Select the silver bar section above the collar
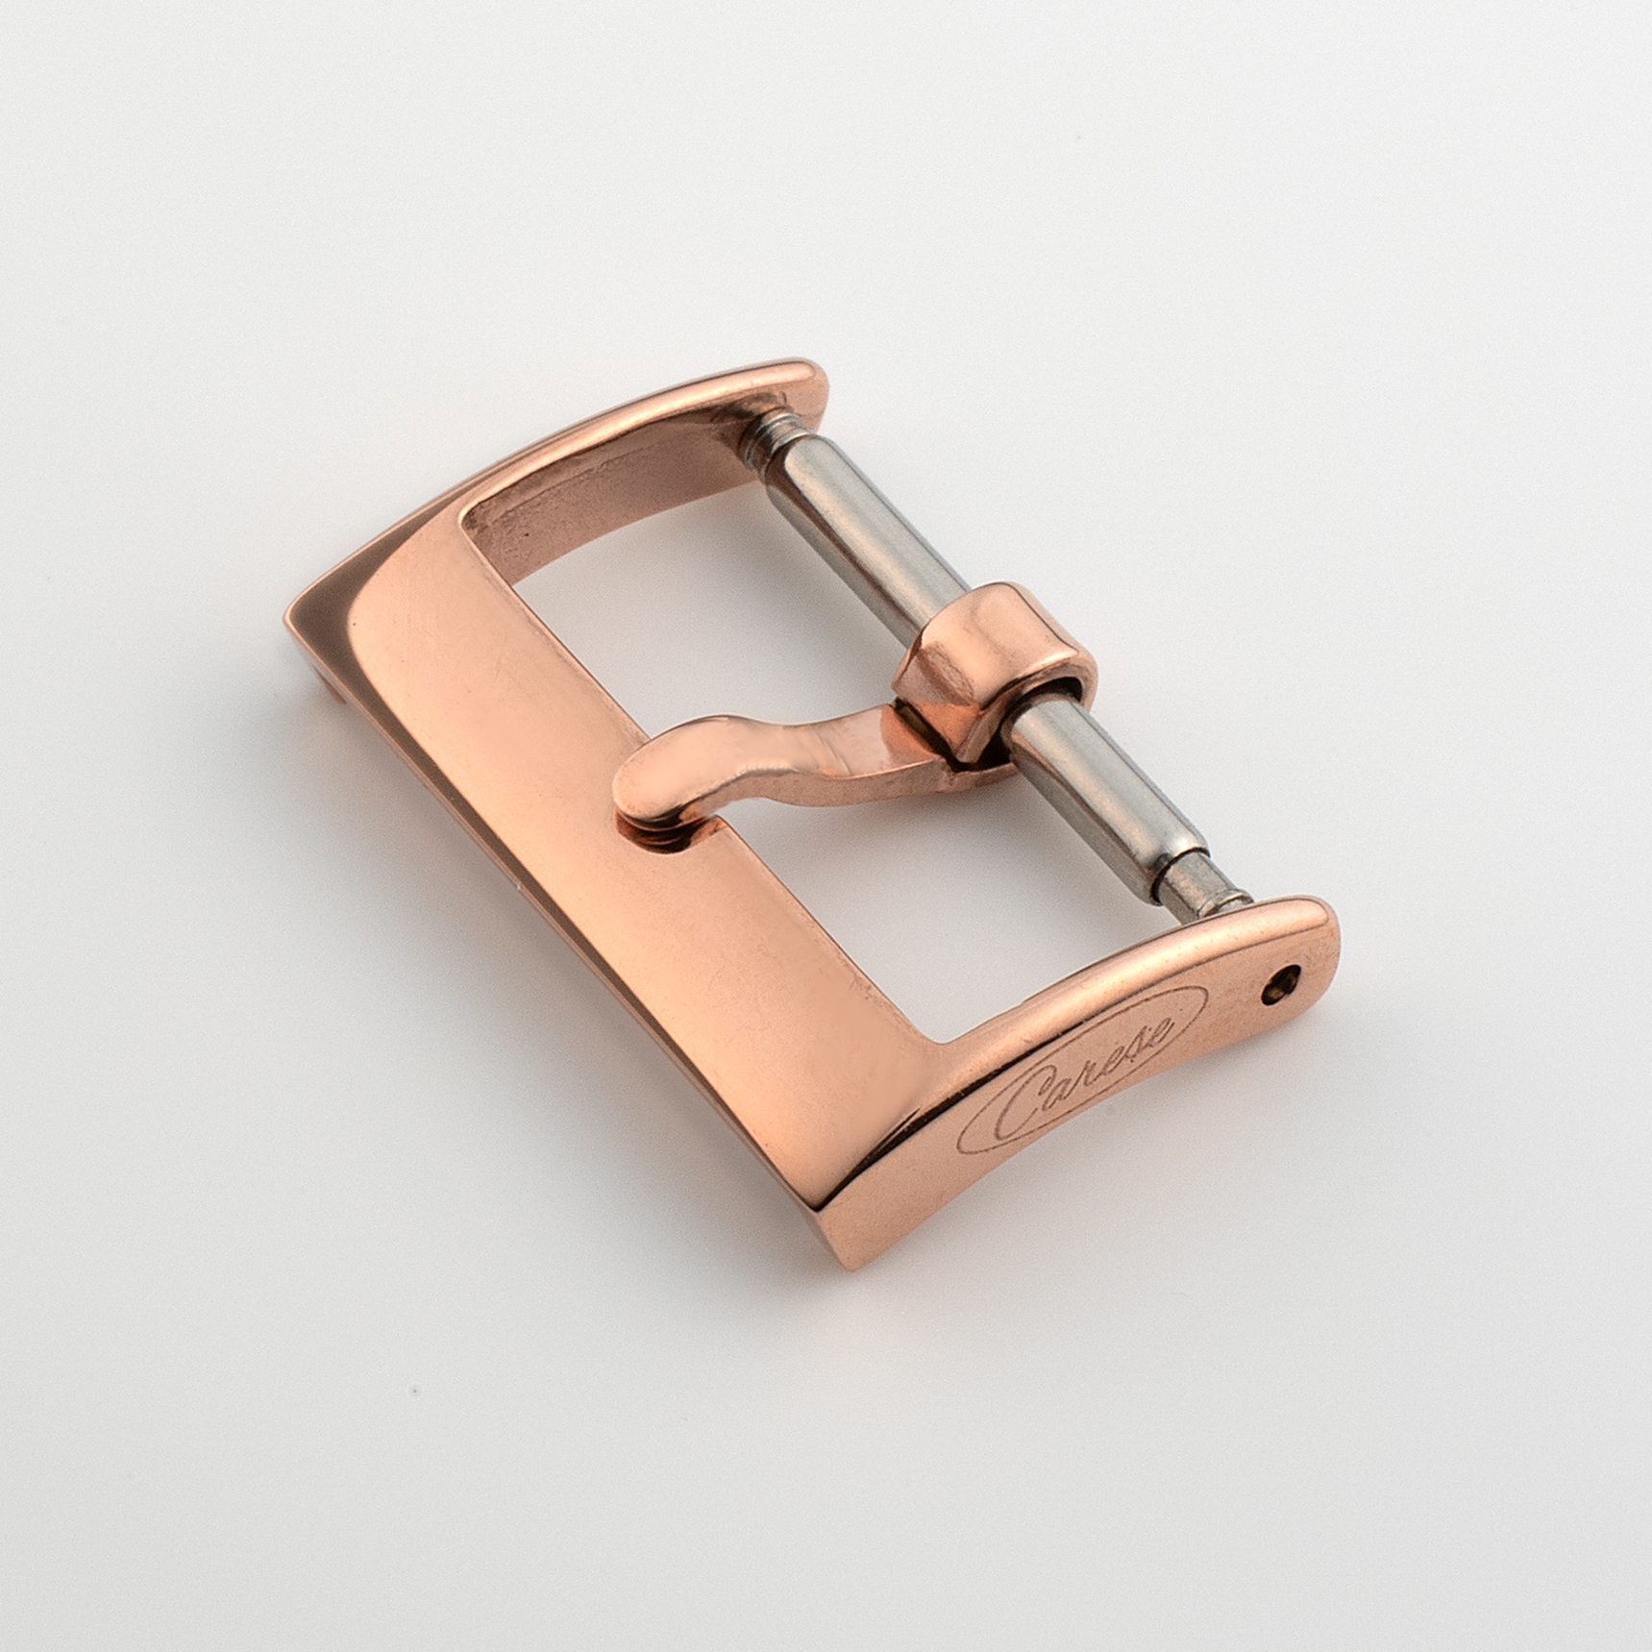pos(865,519)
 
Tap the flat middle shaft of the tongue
pos(807,750)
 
